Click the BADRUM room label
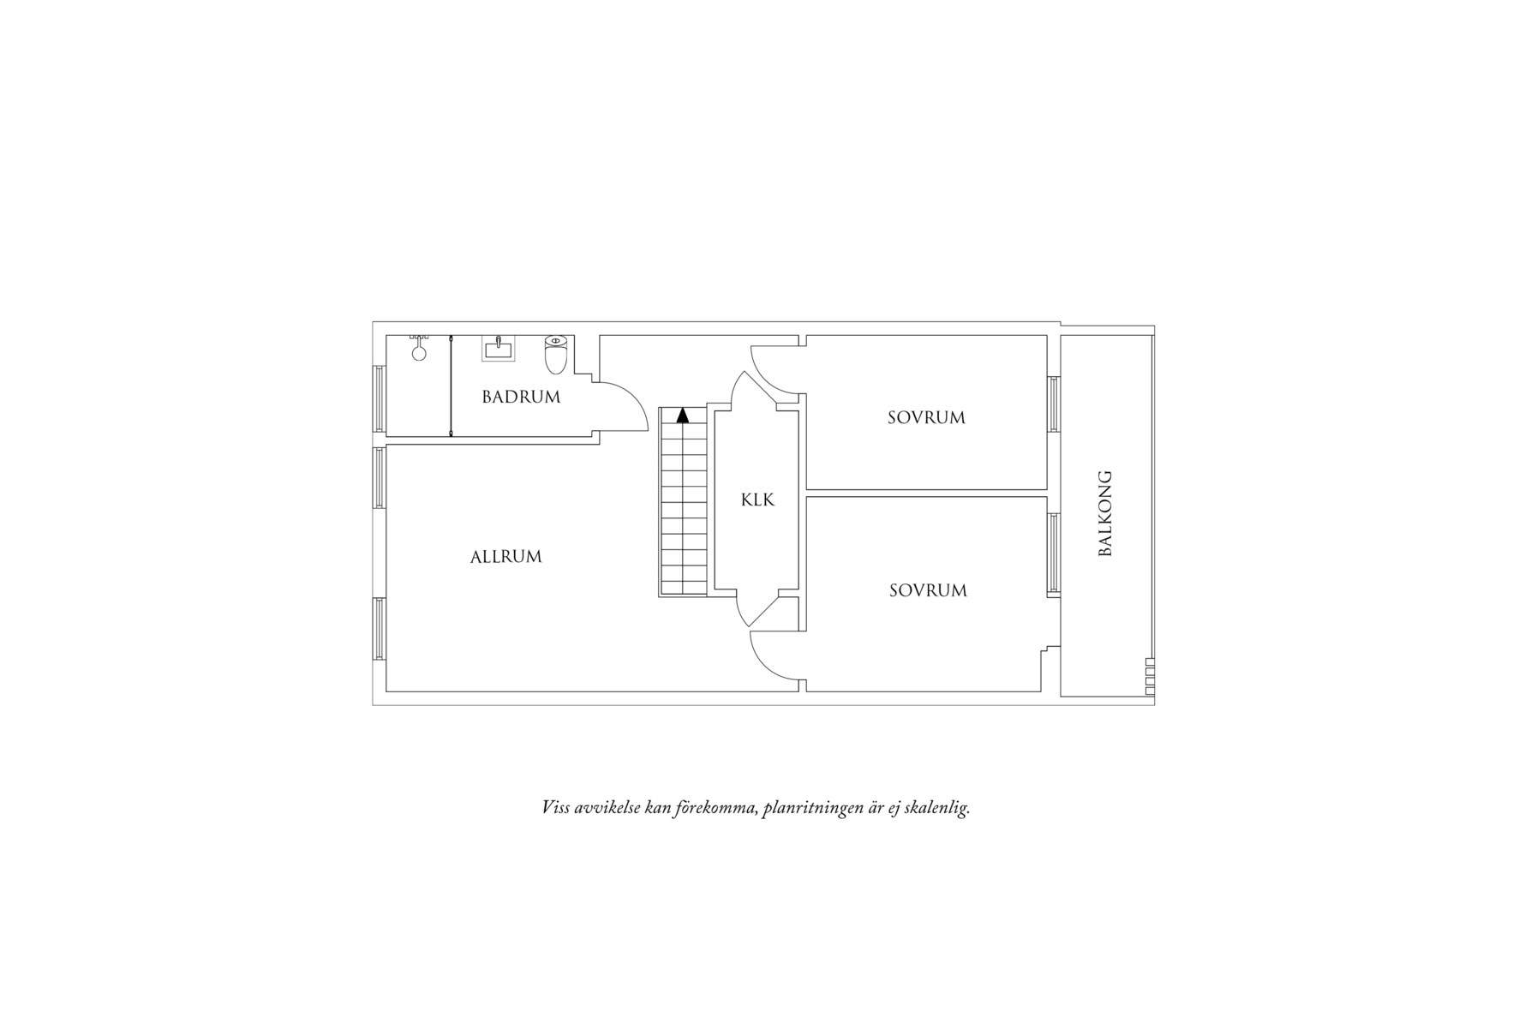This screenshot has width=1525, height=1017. tap(521, 397)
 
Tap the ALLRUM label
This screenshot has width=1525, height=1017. tap(506, 557)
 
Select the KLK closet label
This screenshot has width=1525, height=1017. tap(757, 500)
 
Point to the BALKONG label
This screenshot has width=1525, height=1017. tap(1105, 513)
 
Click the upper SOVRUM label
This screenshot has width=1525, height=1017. tap(926, 418)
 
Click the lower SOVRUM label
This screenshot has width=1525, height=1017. tap(928, 590)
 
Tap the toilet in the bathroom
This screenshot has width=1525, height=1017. tap(556, 355)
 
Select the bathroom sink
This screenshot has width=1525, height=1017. tap(498, 349)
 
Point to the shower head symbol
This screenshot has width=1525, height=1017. tap(419, 348)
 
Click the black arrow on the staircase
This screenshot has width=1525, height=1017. tap(683, 416)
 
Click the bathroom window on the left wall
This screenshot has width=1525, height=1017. tap(380, 399)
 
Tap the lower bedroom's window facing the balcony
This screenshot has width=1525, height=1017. tap(1054, 553)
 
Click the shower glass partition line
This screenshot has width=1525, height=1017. tap(452, 386)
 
